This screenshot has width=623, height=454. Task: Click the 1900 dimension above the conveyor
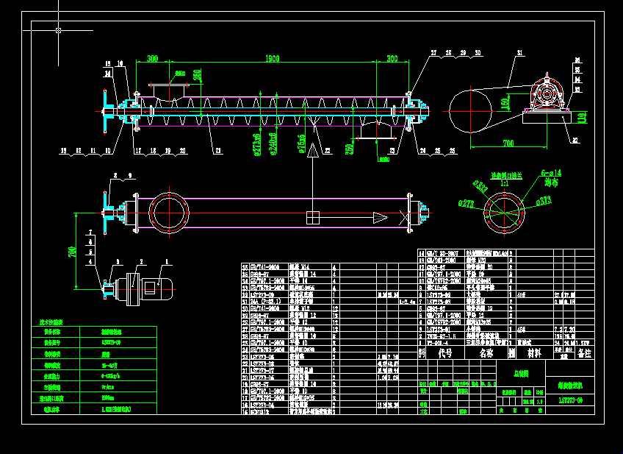coord(272,59)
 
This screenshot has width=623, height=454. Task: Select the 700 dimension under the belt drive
coord(508,141)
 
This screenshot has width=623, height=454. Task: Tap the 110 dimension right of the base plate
coord(581,116)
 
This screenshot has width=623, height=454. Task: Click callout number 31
coord(519,54)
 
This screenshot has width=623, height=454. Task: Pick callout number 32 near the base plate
coord(575,139)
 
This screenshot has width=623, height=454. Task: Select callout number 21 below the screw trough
coord(218,151)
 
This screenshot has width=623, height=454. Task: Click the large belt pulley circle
coord(469,110)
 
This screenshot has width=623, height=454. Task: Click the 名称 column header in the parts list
coord(486,353)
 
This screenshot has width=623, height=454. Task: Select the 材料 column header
coord(534,353)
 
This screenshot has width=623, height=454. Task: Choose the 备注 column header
coord(584,354)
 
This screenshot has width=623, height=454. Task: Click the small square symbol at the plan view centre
coord(312,218)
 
